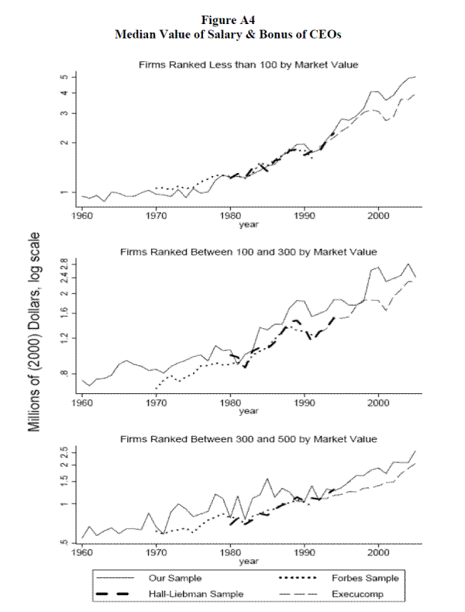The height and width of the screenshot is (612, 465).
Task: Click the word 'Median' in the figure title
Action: pyautogui.click(x=139, y=34)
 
